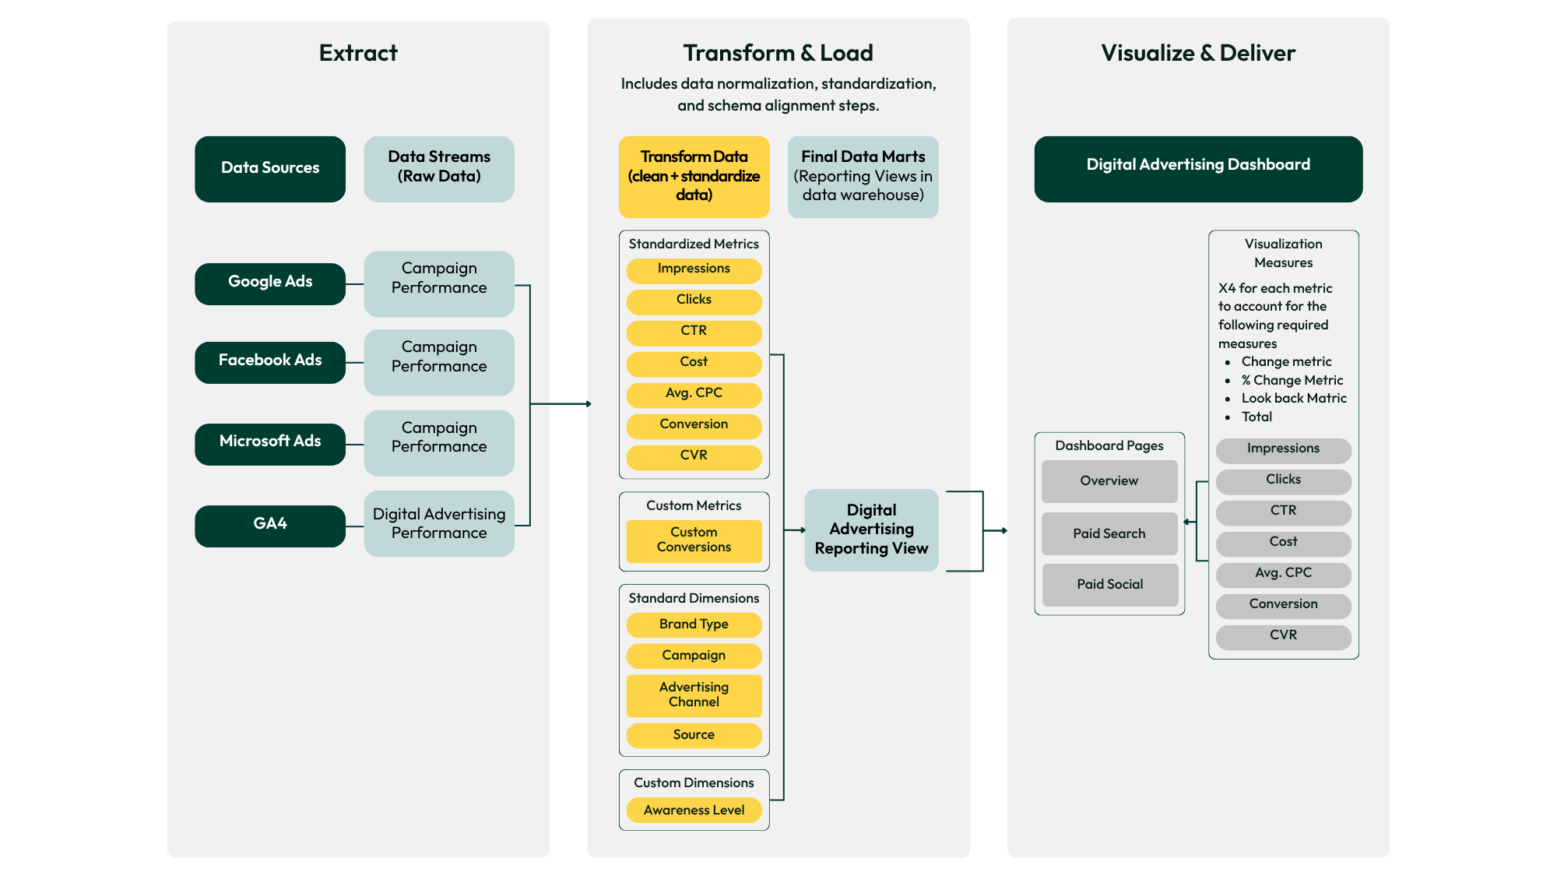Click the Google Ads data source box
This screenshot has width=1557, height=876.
[x=269, y=283]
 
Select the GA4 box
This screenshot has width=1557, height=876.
[x=269, y=526]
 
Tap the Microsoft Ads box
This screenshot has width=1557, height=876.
[x=269, y=444]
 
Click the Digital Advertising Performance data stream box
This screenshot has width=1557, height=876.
[x=438, y=523]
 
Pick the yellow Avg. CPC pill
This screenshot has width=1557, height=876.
[x=694, y=394]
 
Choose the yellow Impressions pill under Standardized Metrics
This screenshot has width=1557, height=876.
[x=694, y=269]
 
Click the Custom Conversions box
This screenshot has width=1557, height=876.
[x=694, y=540]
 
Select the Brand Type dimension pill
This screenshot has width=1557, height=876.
[x=694, y=624]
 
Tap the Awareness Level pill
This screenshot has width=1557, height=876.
[x=694, y=811]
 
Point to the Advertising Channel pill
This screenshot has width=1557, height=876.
[x=694, y=695]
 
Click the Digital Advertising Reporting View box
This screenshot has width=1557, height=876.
[x=871, y=530]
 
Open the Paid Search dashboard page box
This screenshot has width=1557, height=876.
[x=1109, y=534]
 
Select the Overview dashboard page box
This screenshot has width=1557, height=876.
[x=1109, y=481]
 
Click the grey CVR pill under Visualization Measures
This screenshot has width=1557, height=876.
[x=1283, y=636]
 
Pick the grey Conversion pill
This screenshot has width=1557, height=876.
[x=1283, y=605]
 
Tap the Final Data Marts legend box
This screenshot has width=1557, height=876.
[x=863, y=177]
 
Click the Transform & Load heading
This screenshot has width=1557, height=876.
[x=778, y=53]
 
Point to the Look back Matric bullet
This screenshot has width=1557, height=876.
[x=1293, y=399]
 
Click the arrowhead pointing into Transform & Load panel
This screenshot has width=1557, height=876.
[x=589, y=404]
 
